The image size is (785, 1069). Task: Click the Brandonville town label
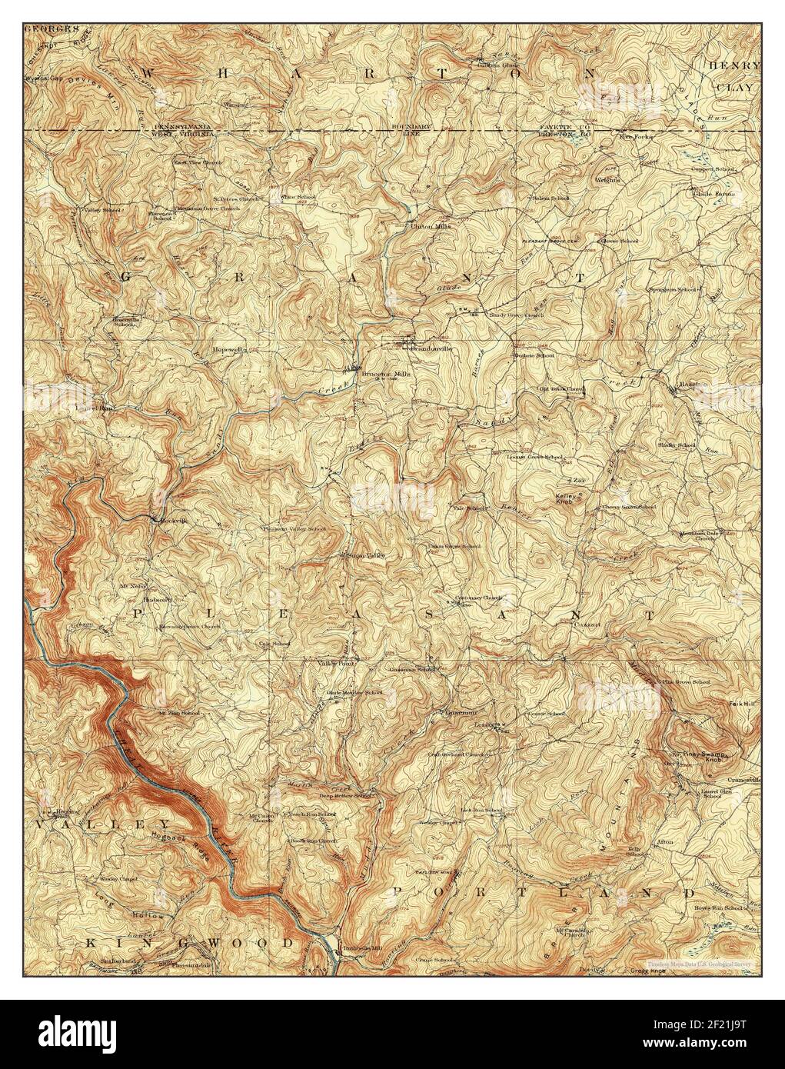(x=431, y=348)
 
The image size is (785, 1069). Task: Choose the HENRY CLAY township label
(x=734, y=77)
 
